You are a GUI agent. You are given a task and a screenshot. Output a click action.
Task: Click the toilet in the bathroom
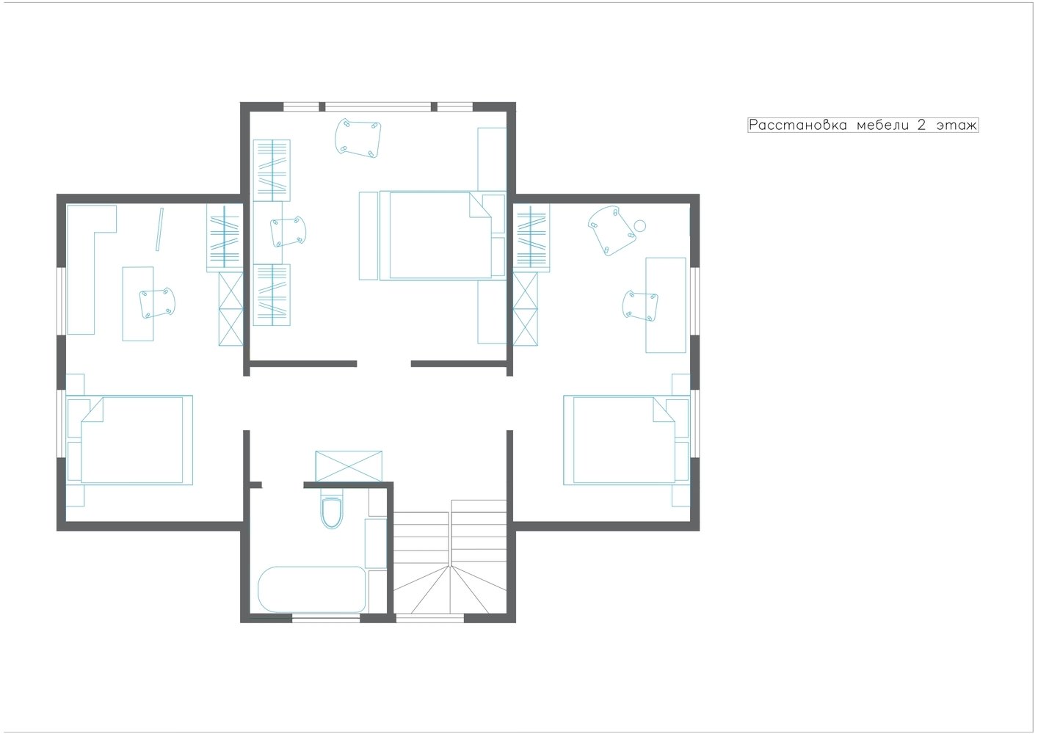click(331, 512)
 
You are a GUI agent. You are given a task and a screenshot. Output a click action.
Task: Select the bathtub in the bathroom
click(312, 589)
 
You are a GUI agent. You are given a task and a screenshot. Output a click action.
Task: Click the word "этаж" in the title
click(957, 126)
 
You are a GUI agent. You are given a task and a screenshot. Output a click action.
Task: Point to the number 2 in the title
click(921, 125)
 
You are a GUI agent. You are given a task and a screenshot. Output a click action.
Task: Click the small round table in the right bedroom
click(639, 225)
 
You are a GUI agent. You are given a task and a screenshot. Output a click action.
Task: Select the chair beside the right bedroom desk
click(640, 306)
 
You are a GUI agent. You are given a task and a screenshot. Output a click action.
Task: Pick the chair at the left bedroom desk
click(157, 302)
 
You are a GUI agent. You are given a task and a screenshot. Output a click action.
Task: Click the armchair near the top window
click(358, 138)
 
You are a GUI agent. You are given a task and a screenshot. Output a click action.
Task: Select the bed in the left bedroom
click(130, 440)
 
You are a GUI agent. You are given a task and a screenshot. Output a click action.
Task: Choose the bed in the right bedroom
click(626, 440)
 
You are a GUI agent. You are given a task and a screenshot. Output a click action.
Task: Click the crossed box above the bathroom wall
click(349, 466)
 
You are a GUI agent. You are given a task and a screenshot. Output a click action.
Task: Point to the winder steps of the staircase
click(449, 592)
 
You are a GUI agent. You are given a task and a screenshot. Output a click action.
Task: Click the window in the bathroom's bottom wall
click(326, 618)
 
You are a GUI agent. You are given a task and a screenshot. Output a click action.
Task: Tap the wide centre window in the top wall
click(377, 107)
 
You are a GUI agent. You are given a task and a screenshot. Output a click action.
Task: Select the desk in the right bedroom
click(665, 305)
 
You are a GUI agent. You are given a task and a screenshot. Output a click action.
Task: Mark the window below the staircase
click(430, 618)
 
